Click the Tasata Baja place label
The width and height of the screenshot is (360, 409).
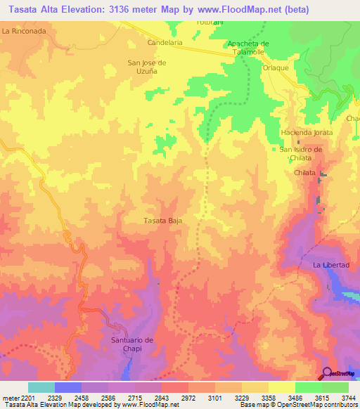coord(163,221)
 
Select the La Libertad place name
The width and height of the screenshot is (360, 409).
coord(331,265)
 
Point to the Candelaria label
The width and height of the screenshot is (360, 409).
coord(165,43)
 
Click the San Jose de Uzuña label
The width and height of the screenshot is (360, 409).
coord(146,66)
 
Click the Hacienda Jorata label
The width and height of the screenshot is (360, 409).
coord(306,133)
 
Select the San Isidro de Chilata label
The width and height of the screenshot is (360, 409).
coord(301,153)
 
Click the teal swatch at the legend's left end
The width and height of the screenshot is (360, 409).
coord(41,387)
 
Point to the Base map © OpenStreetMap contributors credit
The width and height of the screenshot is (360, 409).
coord(297,405)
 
